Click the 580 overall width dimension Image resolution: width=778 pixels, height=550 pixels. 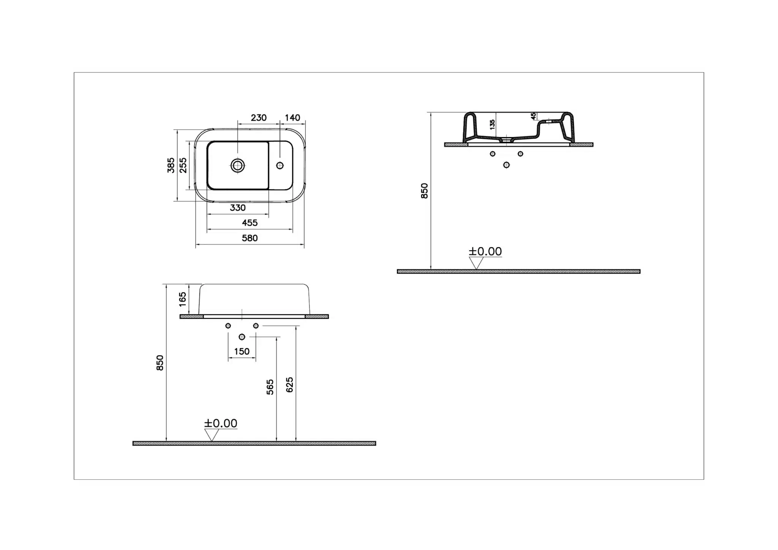coord(250,238)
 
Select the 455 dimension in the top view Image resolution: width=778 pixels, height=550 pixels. coord(250,223)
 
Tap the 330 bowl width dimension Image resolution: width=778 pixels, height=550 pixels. coord(237,208)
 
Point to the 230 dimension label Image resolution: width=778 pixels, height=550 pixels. coord(258,118)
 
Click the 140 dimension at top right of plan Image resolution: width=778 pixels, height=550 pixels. coord(292,118)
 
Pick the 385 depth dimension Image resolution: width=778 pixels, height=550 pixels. coord(171,165)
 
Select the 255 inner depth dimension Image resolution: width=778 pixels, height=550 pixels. coord(183,165)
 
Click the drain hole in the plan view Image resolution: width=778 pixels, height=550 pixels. coord(238,165)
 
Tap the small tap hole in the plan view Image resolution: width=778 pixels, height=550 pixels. coord(280,165)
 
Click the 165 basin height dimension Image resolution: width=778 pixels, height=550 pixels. coord(183,299)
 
